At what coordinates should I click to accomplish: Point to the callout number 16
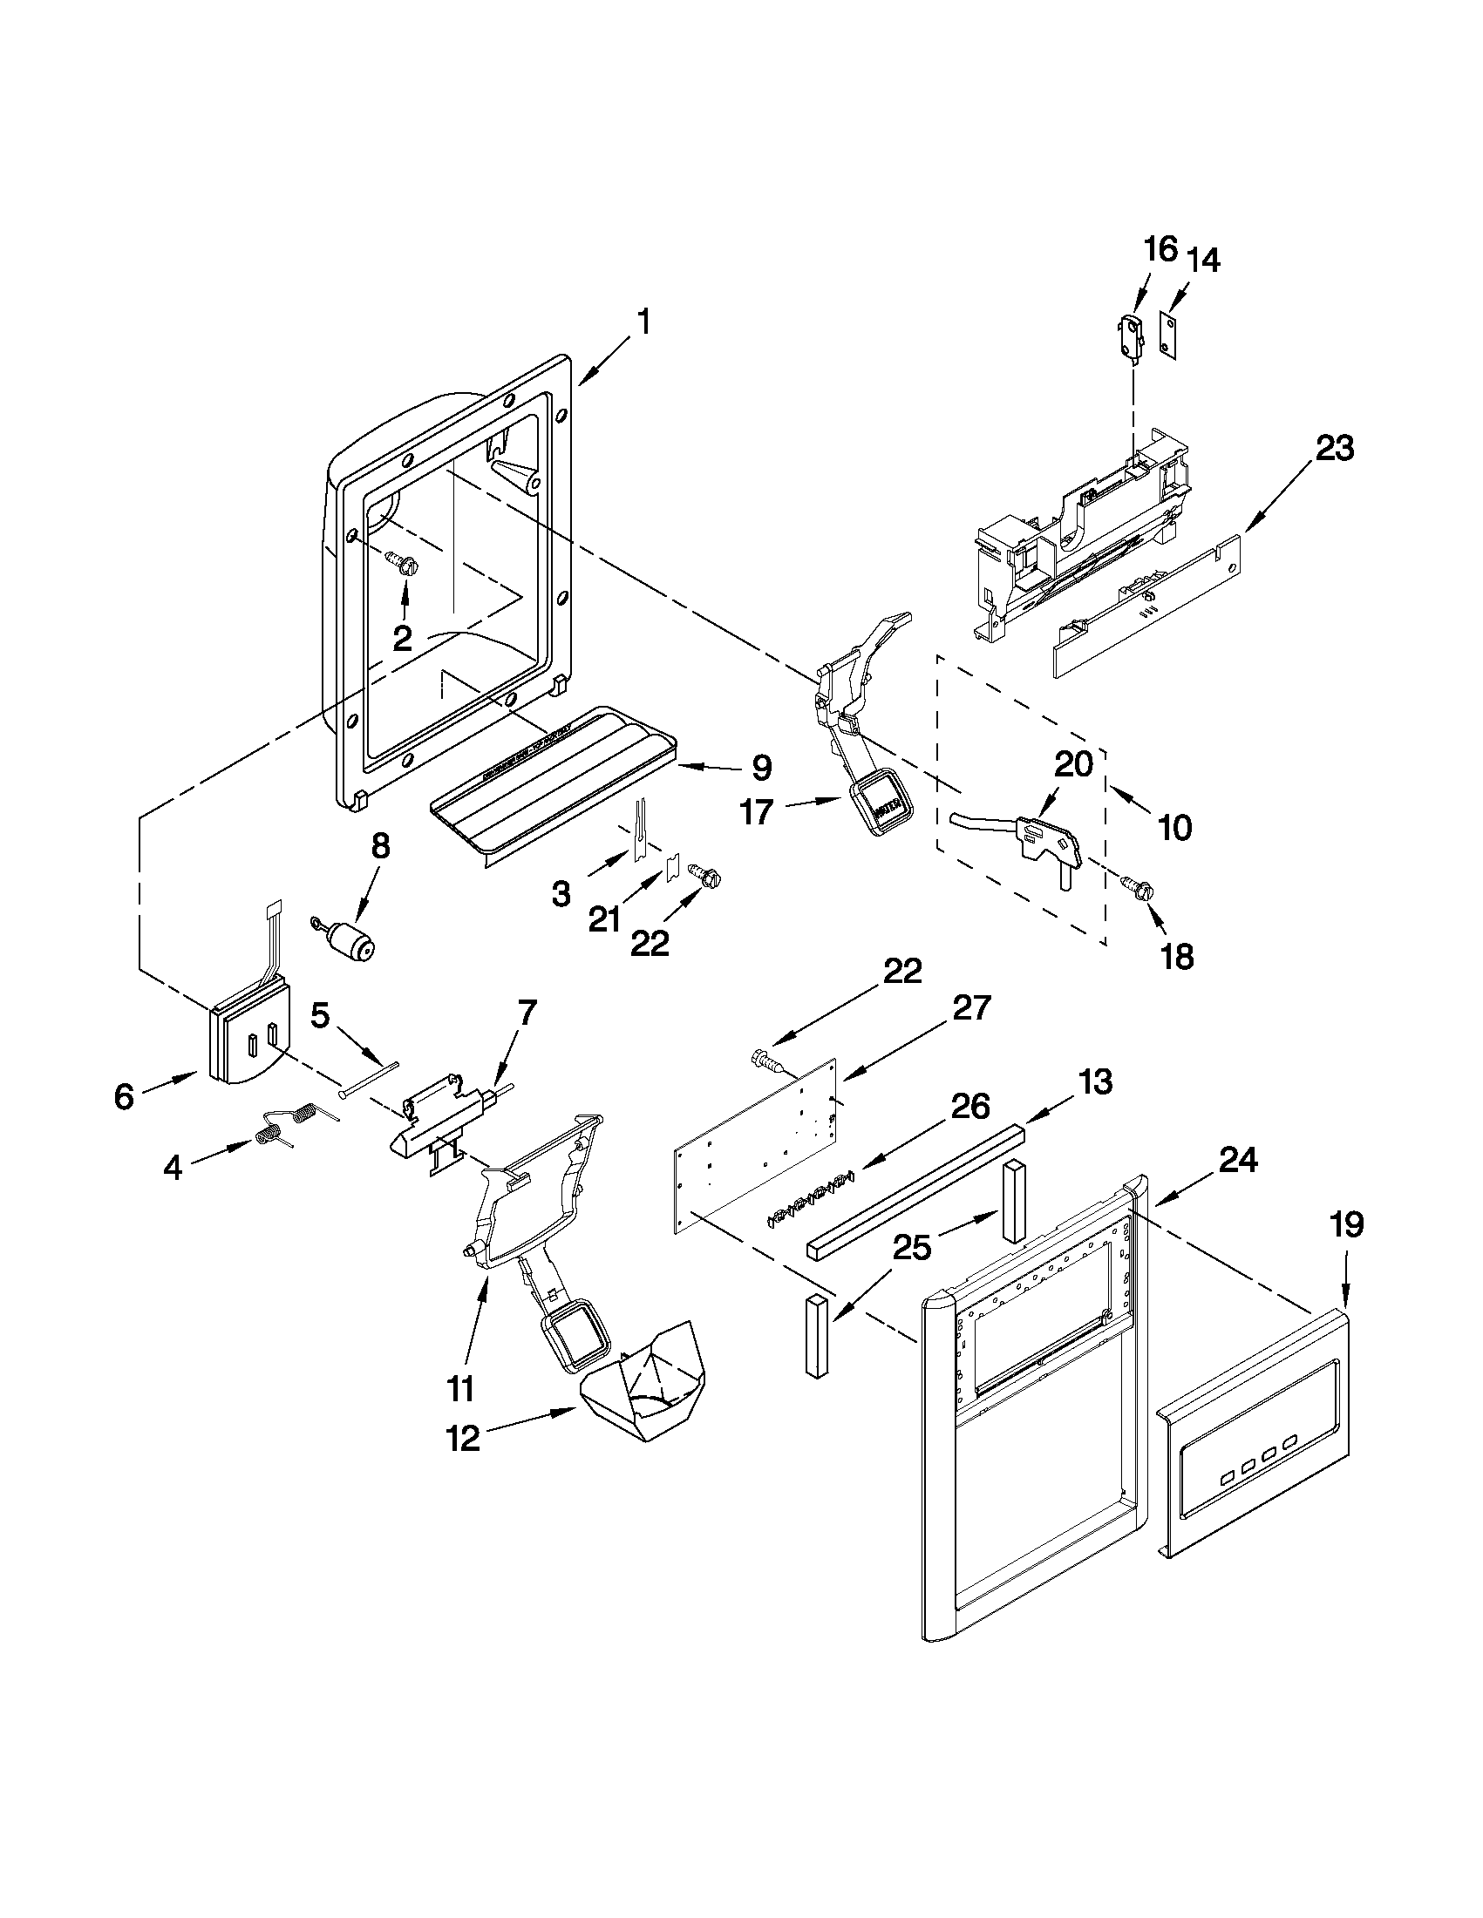click(x=1160, y=249)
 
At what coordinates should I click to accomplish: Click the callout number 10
click(x=1174, y=826)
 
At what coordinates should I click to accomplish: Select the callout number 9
click(x=760, y=768)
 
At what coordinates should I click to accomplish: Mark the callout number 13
click(x=1096, y=1081)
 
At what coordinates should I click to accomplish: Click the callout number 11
click(x=460, y=1388)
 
